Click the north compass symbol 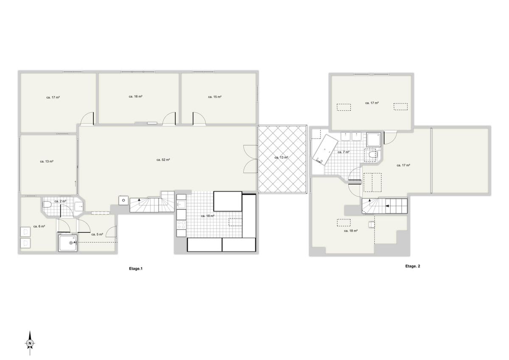pyautogui.click(x=30, y=343)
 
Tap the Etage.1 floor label pyautogui.click(x=136, y=268)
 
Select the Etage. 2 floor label pyautogui.click(x=412, y=266)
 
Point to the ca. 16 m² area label pyautogui.click(x=135, y=97)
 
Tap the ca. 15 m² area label pyautogui.click(x=215, y=97)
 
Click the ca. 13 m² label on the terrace pyautogui.click(x=281, y=157)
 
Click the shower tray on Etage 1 pyautogui.click(x=68, y=243)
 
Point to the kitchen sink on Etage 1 pyautogui.click(x=181, y=204)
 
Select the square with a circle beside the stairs pyautogui.click(x=123, y=200)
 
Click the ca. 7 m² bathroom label pyautogui.click(x=343, y=152)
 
